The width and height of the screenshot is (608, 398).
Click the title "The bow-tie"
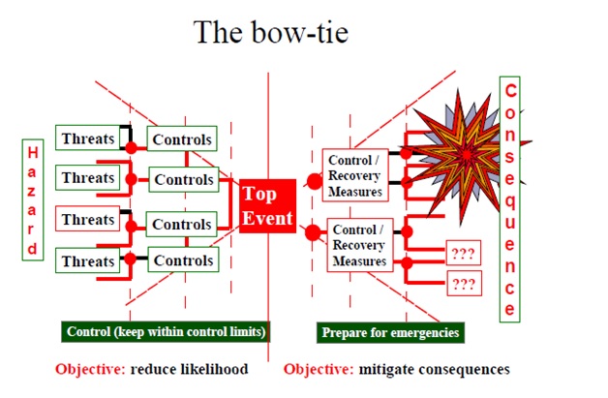tap(271, 32)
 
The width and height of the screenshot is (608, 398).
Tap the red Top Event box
tap(267, 206)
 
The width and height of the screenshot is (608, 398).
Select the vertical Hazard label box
tap(33, 199)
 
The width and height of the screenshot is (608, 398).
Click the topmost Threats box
tap(88, 138)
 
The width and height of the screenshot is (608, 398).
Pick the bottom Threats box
tap(88, 260)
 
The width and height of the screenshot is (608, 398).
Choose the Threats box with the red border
tap(88, 219)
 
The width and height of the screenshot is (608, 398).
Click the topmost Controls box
tap(182, 138)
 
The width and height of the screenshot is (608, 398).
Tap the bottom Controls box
tap(183, 260)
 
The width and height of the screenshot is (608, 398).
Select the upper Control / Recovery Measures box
tap(355, 175)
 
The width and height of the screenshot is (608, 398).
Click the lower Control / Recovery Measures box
tap(360, 245)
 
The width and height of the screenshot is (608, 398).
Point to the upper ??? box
tap(464, 253)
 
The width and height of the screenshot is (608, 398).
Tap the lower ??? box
tap(464, 283)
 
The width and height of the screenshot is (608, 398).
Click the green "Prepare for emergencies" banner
tap(390, 332)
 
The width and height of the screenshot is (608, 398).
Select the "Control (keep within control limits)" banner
tap(166, 331)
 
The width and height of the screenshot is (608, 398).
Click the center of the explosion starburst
tap(467, 155)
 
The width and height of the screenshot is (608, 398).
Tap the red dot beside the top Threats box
tap(131, 147)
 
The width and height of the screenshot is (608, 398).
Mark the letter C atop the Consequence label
tap(510, 91)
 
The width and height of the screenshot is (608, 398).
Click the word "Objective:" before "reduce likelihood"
tap(90, 369)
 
